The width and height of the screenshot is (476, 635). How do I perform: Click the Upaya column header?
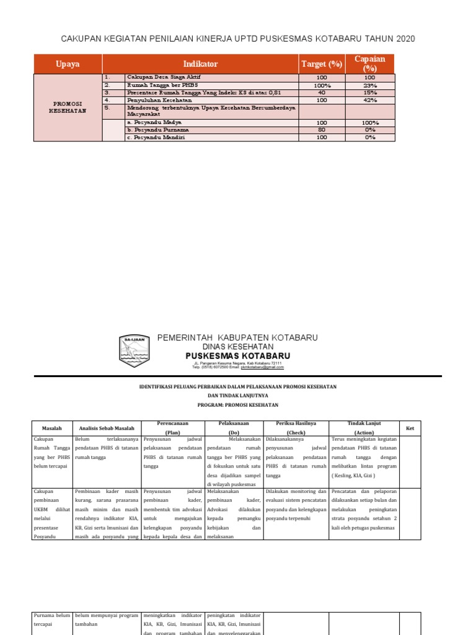click(68, 64)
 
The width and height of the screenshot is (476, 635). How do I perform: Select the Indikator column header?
click(200, 64)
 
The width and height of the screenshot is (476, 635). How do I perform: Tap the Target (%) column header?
click(322, 64)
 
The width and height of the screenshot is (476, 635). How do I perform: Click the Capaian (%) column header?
click(370, 64)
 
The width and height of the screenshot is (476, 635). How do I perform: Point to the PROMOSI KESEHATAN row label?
click(68, 107)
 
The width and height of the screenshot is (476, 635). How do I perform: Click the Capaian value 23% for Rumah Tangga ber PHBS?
click(370, 85)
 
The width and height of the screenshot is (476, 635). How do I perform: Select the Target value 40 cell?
click(322, 92)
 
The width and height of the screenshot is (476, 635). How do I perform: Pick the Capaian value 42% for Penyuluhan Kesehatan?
click(370, 100)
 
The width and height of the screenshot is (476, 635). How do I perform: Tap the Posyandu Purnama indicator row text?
click(157, 130)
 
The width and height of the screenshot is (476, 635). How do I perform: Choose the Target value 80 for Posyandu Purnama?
click(322, 130)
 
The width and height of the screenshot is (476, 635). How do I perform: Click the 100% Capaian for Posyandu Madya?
click(370, 123)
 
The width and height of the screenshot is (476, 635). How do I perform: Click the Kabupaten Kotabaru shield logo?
click(134, 351)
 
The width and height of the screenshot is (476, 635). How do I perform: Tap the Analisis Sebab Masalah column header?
click(107, 428)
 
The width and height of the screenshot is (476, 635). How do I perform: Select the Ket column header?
click(410, 428)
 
